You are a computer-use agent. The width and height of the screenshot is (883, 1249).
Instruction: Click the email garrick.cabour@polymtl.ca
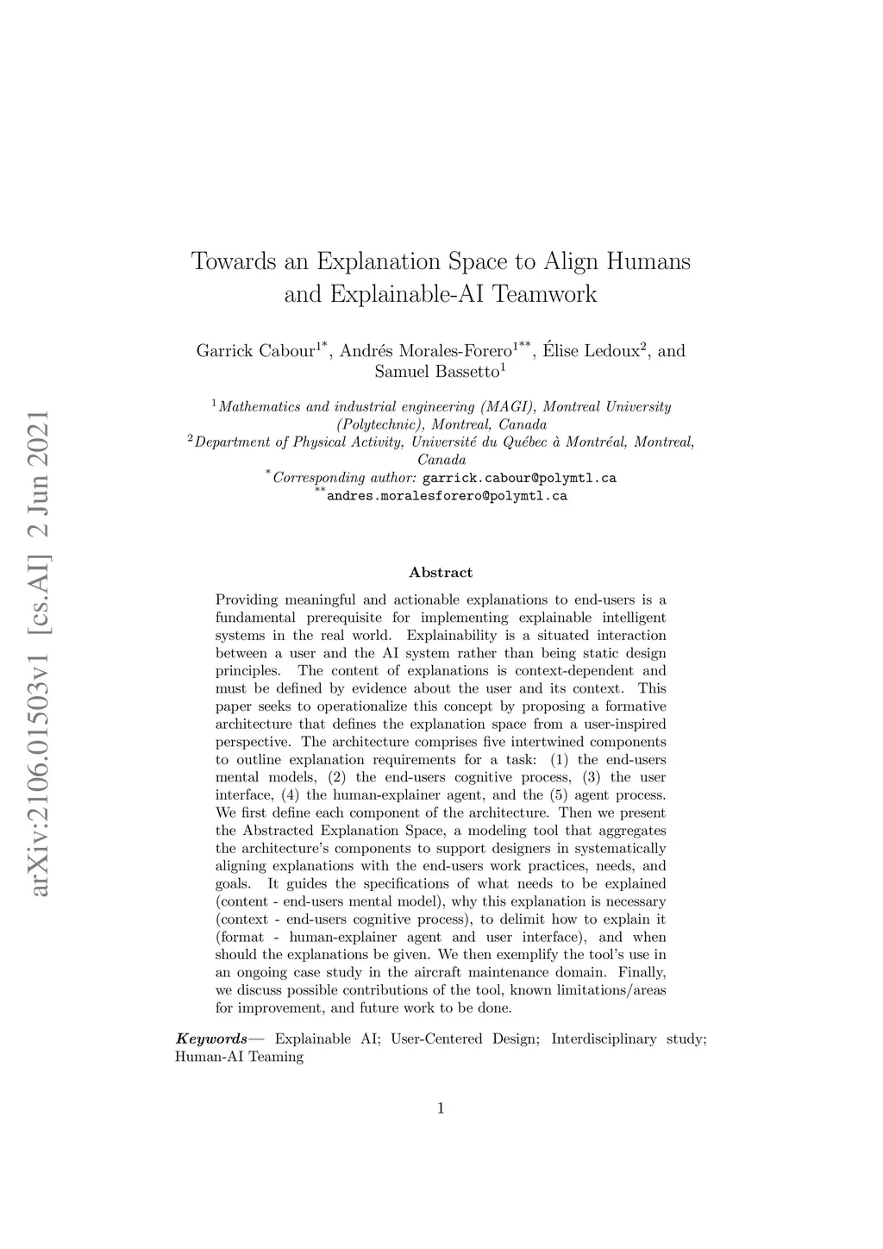pyautogui.click(x=519, y=478)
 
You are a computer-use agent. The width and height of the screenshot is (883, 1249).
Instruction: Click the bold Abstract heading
pyautogui.click(x=441, y=573)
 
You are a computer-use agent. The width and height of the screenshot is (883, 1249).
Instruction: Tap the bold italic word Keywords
pyautogui.click(x=211, y=1039)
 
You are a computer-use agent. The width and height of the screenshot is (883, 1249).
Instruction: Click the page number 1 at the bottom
pyautogui.click(x=441, y=1108)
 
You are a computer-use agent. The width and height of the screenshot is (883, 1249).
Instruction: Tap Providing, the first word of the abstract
pyautogui.click(x=247, y=600)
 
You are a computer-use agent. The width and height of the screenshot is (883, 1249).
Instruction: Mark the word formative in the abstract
pyautogui.click(x=636, y=706)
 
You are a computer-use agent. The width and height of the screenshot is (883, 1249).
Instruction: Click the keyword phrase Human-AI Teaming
pyautogui.click(x=239, y=1057)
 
